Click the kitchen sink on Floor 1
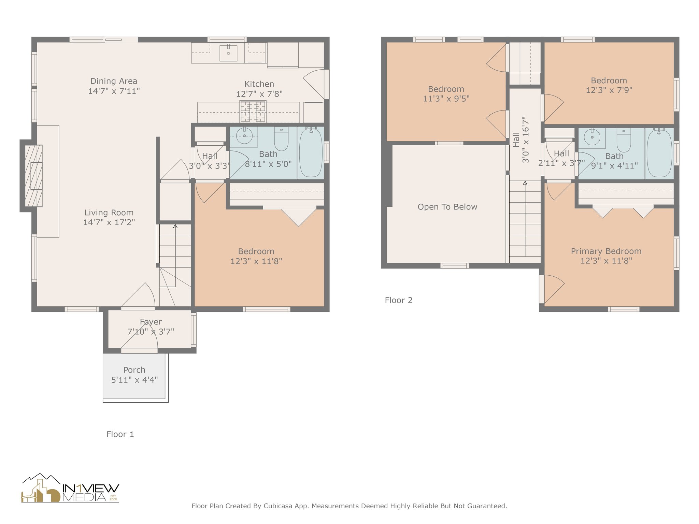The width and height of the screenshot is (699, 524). click(228, 53)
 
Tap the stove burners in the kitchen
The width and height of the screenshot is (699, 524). click(253, 112)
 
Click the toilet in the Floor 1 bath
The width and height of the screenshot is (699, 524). click(281, 139)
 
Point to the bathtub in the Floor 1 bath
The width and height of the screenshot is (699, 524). click(311, 152)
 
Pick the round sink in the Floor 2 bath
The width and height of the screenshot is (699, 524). click(592, 137)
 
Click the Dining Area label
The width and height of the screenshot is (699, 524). click(114, 81)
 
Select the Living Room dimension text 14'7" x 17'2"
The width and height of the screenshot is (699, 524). click(109, 222)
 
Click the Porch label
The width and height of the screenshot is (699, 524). click(134, 370)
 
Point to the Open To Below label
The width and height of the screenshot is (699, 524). click(447, 207)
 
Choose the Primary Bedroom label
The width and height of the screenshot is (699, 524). click(606, 251)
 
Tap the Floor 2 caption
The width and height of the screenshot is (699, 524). click(399, 300)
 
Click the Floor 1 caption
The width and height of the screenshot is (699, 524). click(120, 434)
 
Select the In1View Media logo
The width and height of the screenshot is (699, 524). click(70, 488)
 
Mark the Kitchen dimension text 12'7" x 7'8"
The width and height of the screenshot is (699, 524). click(259, 94)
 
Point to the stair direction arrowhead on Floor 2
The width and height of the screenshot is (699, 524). click(525, 183)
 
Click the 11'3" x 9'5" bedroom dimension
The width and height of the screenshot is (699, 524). click(446, 99)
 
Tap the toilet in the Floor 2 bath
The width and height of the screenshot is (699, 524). click(624, 140)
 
